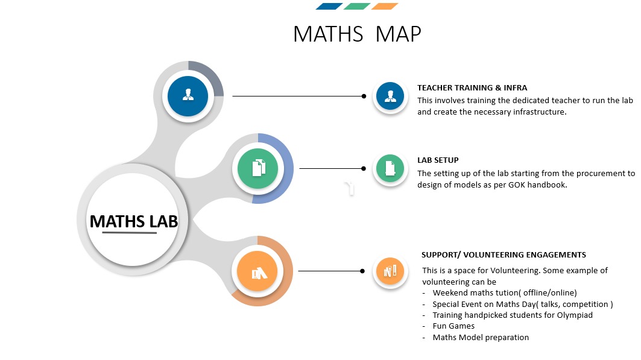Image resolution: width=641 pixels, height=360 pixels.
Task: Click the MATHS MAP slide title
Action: point(357,34)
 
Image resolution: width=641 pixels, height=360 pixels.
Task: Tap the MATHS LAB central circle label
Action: point(134,221)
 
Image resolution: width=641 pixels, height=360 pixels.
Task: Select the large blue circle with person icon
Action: point(188,96)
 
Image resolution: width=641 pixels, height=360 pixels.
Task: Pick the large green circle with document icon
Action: point(258,168)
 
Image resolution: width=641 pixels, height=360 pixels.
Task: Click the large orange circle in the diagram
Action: point(257,271)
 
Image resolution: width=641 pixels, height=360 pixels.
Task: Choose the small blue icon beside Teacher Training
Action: point(390,96)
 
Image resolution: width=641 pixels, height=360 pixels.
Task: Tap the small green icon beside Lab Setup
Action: point(390,168)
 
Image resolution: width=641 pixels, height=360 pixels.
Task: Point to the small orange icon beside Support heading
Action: point(390,271)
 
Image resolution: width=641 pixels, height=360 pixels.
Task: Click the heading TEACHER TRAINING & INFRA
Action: point(472,88)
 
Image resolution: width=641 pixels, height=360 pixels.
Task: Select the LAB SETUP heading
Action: point(438,160)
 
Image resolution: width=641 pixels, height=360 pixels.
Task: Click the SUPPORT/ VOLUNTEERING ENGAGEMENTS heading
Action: point(504,255)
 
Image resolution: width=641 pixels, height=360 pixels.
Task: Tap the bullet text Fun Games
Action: point(454,326)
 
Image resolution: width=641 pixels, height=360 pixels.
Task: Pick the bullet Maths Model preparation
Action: point(481,338)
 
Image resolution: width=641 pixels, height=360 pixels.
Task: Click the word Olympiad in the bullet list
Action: point(575,315)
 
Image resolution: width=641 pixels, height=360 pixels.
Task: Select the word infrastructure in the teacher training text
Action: point(540,112)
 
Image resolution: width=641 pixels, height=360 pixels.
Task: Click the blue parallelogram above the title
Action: point(329,6)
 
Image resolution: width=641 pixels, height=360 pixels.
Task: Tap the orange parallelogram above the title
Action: point(385,6)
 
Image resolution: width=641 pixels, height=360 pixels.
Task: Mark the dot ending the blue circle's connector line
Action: point(364,96)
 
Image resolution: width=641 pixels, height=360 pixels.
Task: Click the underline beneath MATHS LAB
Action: point(129,233)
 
